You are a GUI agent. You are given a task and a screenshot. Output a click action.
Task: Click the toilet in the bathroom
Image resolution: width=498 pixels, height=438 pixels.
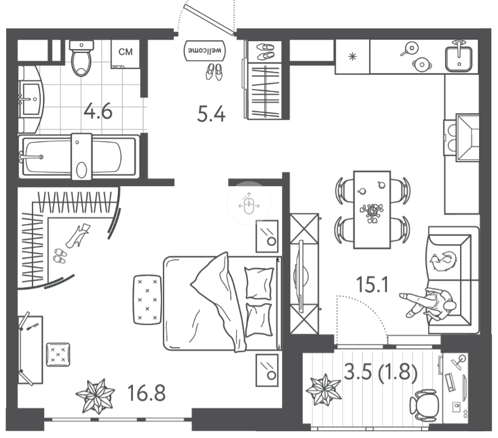click(82, 58)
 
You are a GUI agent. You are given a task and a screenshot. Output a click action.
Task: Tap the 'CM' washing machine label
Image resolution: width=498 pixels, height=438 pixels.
click(126, 52)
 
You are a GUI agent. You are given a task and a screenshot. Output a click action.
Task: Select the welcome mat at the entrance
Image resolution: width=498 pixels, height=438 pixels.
click(205, 51)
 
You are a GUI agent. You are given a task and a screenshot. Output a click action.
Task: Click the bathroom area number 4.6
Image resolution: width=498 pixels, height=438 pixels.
click(98, 112)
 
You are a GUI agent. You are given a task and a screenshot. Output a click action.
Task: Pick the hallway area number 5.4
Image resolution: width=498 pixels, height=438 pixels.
click(211, 114)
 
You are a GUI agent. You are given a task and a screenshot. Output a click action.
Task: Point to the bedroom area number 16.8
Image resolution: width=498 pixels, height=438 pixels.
click(146, 393)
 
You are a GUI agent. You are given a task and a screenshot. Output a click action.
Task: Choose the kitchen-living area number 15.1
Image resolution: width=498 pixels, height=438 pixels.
click(372, 284)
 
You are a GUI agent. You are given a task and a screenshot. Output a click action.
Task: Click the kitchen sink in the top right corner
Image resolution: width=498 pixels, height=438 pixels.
click(458, 58)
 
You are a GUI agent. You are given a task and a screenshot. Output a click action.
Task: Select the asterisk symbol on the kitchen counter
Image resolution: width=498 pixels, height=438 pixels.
click(352, 57)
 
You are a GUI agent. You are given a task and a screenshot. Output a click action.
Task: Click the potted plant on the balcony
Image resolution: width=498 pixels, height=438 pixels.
click(324, 390)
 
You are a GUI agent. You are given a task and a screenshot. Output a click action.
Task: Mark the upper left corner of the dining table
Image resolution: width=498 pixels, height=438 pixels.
click(354, 172)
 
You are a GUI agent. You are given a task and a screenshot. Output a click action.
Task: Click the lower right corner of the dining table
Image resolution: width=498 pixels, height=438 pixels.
click(390, 248)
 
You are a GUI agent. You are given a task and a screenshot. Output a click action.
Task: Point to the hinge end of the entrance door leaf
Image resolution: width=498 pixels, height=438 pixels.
click(234, 33)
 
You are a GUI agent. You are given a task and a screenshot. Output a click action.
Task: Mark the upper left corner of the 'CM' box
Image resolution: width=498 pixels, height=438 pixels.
click(111, 40)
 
